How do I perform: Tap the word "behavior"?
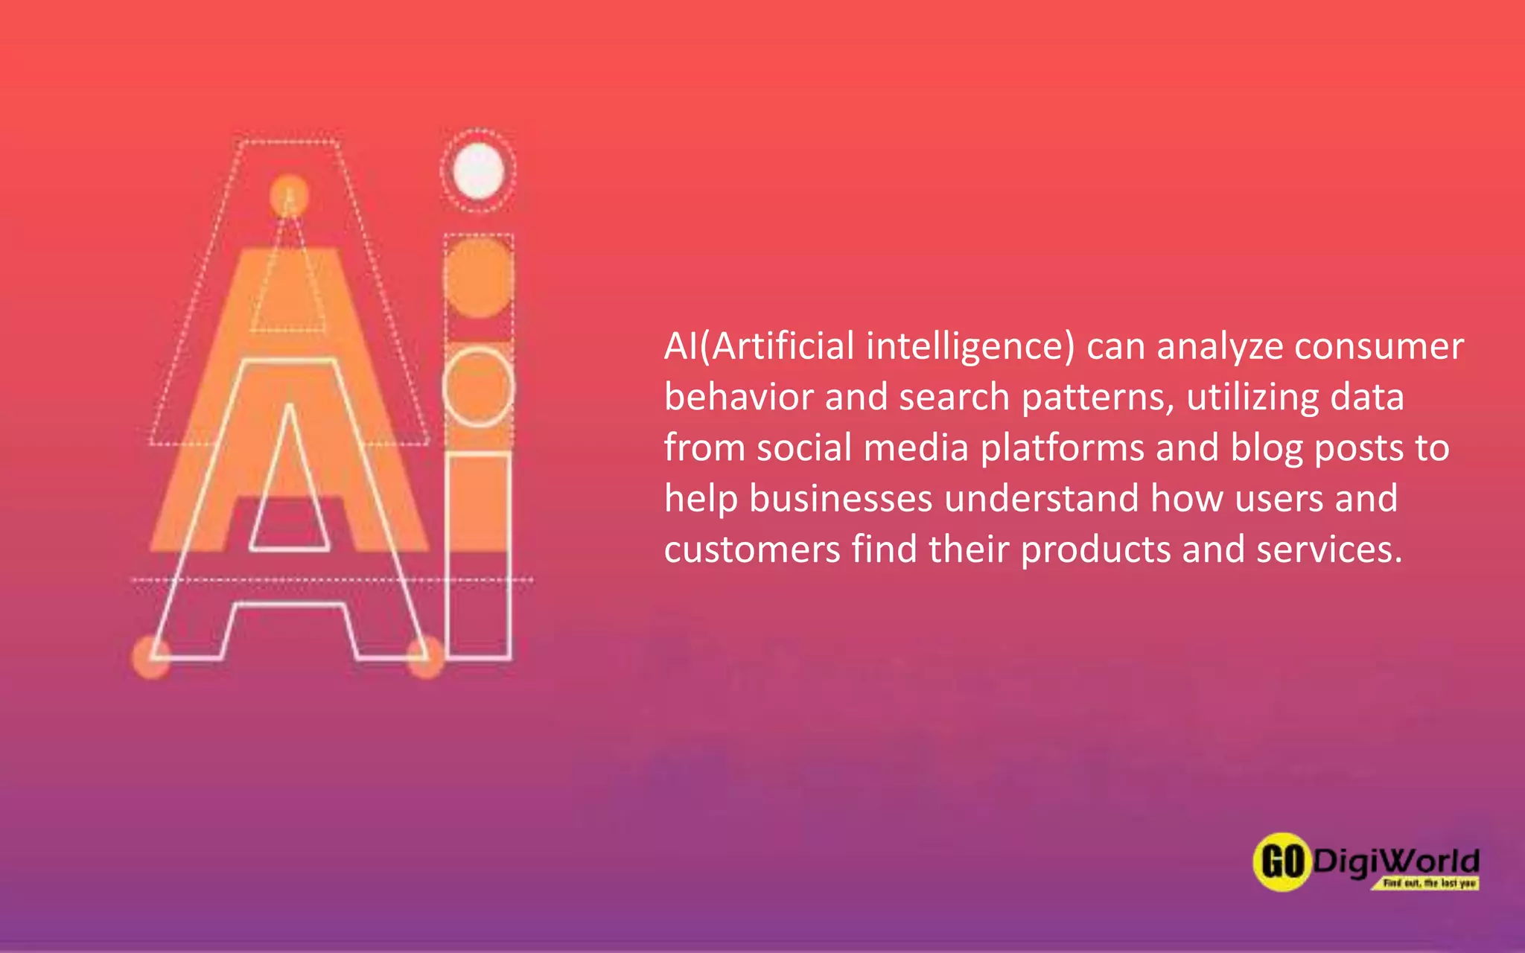point(738,397)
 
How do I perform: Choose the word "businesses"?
point(841,499)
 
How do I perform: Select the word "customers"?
point(751,550)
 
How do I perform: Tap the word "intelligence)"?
point(971,348)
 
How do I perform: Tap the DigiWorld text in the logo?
point(1395,861)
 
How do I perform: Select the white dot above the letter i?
point(478,170)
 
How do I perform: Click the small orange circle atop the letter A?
point(289,195)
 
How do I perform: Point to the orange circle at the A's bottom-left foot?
point(151,656)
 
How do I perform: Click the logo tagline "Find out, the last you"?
point(1428,883)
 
